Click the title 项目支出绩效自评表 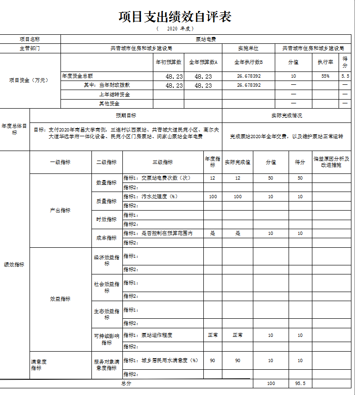pyautogui.click(x=175, y=17)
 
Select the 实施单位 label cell pyautogui.click(x=248, y=48)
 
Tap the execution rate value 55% pyautogui.click(x=325, y=76)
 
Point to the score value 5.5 pyautogui.click(x=345, y=76)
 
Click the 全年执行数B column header pyautogui.click(x=248, y=62)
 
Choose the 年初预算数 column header pyautogui.click(x=169, y=62)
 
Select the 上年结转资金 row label pyautogui.click(x=114, y=94)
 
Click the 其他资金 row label pyautogui.click(x=109, y=103)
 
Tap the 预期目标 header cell pyautogui.click(x=126, y=116)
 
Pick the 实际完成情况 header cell pyautogui.click(x=286, y=116)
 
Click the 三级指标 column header pyautogui.click(x=162, y=162)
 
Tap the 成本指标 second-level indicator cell pyautogui.click(x=107, y=238)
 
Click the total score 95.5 pyautogui.click(x=300, y=383)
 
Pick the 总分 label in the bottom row pyautogui.click(x=126, y=383)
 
